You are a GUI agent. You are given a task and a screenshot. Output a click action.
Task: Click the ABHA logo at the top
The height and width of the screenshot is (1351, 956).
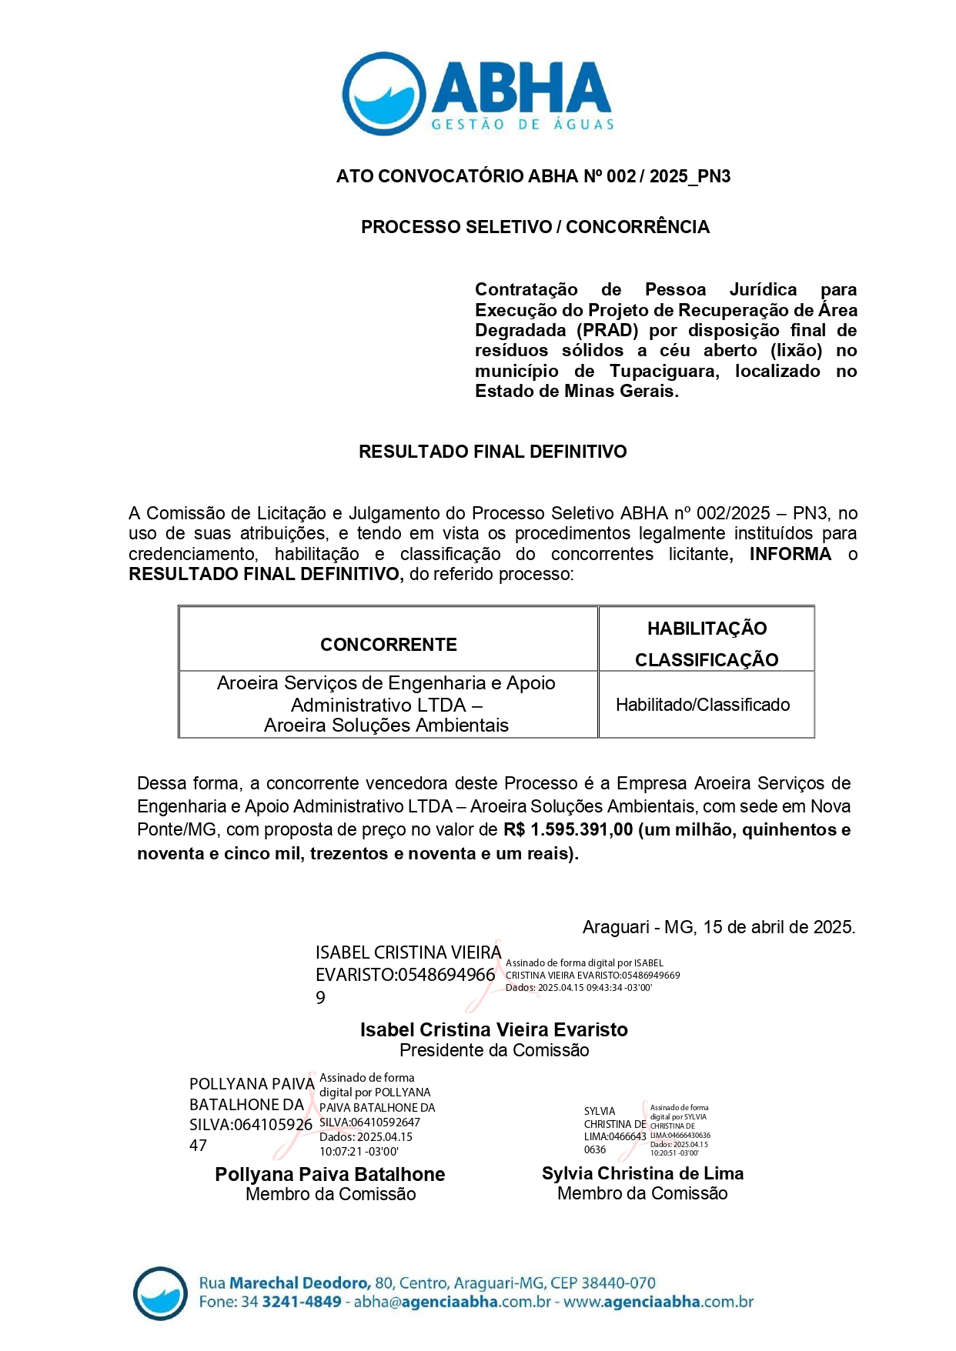477,94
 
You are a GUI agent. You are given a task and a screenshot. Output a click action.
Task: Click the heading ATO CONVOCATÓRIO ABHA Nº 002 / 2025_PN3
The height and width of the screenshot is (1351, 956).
533,176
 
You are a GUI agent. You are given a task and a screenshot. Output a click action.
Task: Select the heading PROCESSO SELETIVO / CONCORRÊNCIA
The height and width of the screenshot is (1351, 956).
535,227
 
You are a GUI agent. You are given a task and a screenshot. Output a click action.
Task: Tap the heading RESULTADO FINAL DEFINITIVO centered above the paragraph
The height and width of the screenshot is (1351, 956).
493,452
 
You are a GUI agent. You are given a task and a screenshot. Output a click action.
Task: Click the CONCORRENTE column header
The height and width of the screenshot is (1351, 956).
388,645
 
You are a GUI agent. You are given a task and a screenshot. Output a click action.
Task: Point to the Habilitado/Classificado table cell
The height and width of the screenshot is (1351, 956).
703,705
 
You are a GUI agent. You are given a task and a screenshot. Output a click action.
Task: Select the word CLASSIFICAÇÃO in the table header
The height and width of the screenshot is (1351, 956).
707,660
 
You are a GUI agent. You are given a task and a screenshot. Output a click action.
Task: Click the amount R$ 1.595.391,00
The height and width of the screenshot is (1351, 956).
568,830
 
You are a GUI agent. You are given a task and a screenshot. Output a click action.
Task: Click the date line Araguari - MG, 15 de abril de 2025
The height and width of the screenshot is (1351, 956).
718,927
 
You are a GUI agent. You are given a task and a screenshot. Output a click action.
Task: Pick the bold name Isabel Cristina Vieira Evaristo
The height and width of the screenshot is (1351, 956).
493,1030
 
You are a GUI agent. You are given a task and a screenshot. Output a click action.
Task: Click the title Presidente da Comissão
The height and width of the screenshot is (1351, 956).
494,1051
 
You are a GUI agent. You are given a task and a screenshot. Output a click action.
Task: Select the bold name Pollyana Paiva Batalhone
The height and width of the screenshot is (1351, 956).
329,1175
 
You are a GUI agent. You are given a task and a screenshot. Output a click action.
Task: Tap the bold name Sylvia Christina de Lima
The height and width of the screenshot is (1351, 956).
643,1174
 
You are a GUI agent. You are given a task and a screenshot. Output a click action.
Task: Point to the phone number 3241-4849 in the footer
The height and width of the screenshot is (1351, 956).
301,1303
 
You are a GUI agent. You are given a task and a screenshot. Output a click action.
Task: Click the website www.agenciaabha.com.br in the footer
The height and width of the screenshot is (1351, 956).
658,1303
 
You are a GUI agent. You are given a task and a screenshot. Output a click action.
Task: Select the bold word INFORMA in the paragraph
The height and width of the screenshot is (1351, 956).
790,554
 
